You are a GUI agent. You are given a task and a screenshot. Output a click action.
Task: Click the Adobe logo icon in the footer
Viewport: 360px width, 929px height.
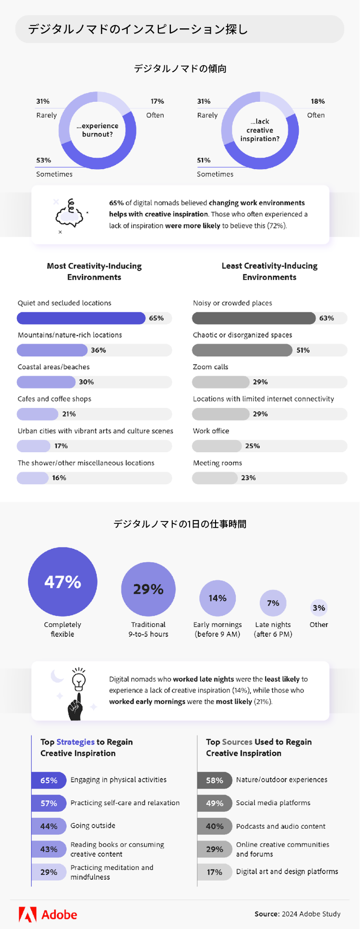pyautogui.click(x=28, y=915)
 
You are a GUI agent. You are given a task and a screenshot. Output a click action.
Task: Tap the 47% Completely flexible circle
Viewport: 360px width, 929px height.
pyautogui.click(x=62, y=582)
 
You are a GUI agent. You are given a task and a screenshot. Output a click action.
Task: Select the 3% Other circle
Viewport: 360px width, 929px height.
pyautogui.click(x=319, y=608)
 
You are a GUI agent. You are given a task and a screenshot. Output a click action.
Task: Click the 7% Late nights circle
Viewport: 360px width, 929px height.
pyautogui.click(x=273, y=603)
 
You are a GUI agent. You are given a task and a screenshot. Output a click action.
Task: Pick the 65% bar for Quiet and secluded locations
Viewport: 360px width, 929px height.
pyautogui.click(x=81, y=318)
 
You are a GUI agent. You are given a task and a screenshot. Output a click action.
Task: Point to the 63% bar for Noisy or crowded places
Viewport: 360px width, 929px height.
pyautogui.click(x=254, y=318)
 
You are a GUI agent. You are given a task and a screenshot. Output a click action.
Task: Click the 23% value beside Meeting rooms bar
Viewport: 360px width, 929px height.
pyautogui.click(x=248, y=478)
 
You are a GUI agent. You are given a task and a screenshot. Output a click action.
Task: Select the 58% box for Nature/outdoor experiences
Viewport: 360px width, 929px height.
pyautogui.click(x=214, y=780)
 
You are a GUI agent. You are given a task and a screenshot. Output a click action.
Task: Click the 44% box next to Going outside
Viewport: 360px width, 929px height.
pyautogui.click(x=48, y=826)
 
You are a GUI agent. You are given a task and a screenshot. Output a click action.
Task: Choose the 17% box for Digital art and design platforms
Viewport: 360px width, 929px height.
pyautogui.click(x=214, y=872)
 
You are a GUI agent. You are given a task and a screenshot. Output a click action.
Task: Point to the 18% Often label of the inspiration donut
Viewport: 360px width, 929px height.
pyautogui.click(x=318, y=101)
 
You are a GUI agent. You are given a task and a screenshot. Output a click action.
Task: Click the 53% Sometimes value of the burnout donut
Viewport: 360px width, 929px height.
pyautogui.click(x=44, y=160)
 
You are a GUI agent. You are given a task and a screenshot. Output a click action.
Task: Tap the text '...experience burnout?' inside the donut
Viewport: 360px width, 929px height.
pyautogui.click(x=97, y=130)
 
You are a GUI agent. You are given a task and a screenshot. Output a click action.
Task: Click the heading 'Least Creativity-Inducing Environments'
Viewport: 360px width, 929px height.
pyautogui.click(x=269, y=271)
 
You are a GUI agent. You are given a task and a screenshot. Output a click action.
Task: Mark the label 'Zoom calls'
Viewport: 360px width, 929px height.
pyautogui.click(x=210, y=367)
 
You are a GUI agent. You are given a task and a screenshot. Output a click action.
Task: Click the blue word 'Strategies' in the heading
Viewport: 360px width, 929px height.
pyautogui.click(x=75, y=742)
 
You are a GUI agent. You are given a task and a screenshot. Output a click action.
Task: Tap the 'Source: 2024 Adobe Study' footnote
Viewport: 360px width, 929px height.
pyautogui.click(x=298, y=914)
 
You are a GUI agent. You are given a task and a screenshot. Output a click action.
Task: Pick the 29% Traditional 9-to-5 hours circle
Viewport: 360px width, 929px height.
pyautogui.click(x=148, y=589)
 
